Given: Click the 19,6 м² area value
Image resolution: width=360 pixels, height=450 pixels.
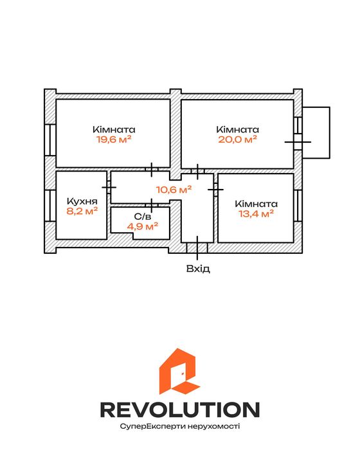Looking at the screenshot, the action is [x=114, y=139].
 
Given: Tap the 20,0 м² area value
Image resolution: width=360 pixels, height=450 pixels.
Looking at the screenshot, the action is [x=237, y=139].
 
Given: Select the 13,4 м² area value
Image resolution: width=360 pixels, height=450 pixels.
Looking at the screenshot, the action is [x=256, y=213].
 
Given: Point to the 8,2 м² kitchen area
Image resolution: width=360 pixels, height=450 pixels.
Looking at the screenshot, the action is [x=82, y=211].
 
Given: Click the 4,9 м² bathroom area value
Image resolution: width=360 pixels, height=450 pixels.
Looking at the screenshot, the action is [x=142, y=226].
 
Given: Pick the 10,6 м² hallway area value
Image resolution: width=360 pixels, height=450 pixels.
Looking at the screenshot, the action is [x=174, y=190].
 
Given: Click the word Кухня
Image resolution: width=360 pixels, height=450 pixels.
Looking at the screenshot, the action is [x=82, y=201].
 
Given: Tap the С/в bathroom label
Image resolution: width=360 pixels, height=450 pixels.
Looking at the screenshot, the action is [x=142, y=217].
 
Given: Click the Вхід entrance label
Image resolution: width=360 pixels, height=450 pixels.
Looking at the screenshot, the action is [x=198, y=269].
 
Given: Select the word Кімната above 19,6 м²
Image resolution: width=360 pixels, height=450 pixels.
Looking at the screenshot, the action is [x=114, y=129].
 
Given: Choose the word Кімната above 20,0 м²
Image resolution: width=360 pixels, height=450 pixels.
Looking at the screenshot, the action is [x=237, y=129].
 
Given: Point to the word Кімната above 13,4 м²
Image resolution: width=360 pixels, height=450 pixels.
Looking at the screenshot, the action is [x=256, y=204].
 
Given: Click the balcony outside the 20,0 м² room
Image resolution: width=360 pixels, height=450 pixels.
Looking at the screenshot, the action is [x=316, y=132].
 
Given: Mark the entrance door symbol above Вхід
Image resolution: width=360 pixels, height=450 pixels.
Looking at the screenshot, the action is [x=197, y=248].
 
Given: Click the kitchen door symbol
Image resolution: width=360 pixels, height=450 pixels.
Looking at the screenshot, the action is [x=109, y=188].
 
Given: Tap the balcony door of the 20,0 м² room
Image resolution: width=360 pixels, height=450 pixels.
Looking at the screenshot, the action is [x=298, y=142].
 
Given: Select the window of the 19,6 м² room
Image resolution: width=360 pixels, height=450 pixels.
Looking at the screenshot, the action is [x=50, y=139].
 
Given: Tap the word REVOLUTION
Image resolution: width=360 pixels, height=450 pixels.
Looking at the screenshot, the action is [x=180, y=410].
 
